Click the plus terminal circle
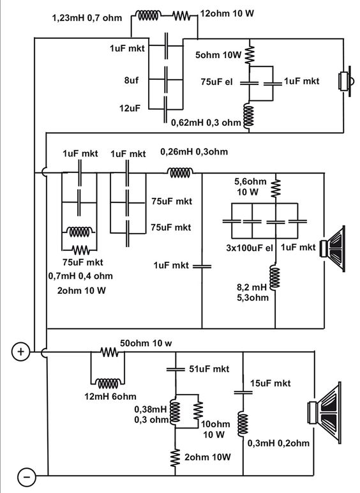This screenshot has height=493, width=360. point(20,351)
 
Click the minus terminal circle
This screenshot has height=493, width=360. point(27,477)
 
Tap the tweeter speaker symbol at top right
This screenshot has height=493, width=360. point(345,82)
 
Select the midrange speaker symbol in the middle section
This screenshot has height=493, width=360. point(333,248)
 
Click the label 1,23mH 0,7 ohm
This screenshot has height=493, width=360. point(87,18)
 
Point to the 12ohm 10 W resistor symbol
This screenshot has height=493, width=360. point(181,16)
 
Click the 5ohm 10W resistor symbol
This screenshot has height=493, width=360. point(250,54)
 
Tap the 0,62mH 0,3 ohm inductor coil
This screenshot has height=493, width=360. point(248,116)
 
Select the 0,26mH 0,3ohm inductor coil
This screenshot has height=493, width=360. point(180,172)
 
